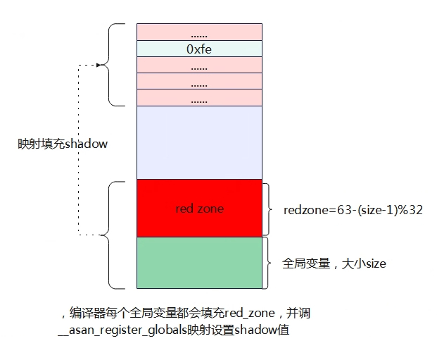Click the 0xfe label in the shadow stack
pos(199,49)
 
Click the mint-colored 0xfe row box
pos(199,49)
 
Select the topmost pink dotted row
pos(199,32)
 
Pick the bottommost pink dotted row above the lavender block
pos(199,98)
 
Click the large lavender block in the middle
pos(199,142)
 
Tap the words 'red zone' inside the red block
pos(200,209)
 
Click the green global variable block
pos(199,263)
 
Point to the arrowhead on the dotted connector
pos(99,65)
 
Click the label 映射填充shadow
pos(63,144)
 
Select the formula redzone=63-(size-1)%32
pos(353,210)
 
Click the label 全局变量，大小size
pos(334,263)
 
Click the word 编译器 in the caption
pos(87,313)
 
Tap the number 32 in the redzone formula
pos(416,210)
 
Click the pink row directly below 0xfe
pos(199,65)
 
